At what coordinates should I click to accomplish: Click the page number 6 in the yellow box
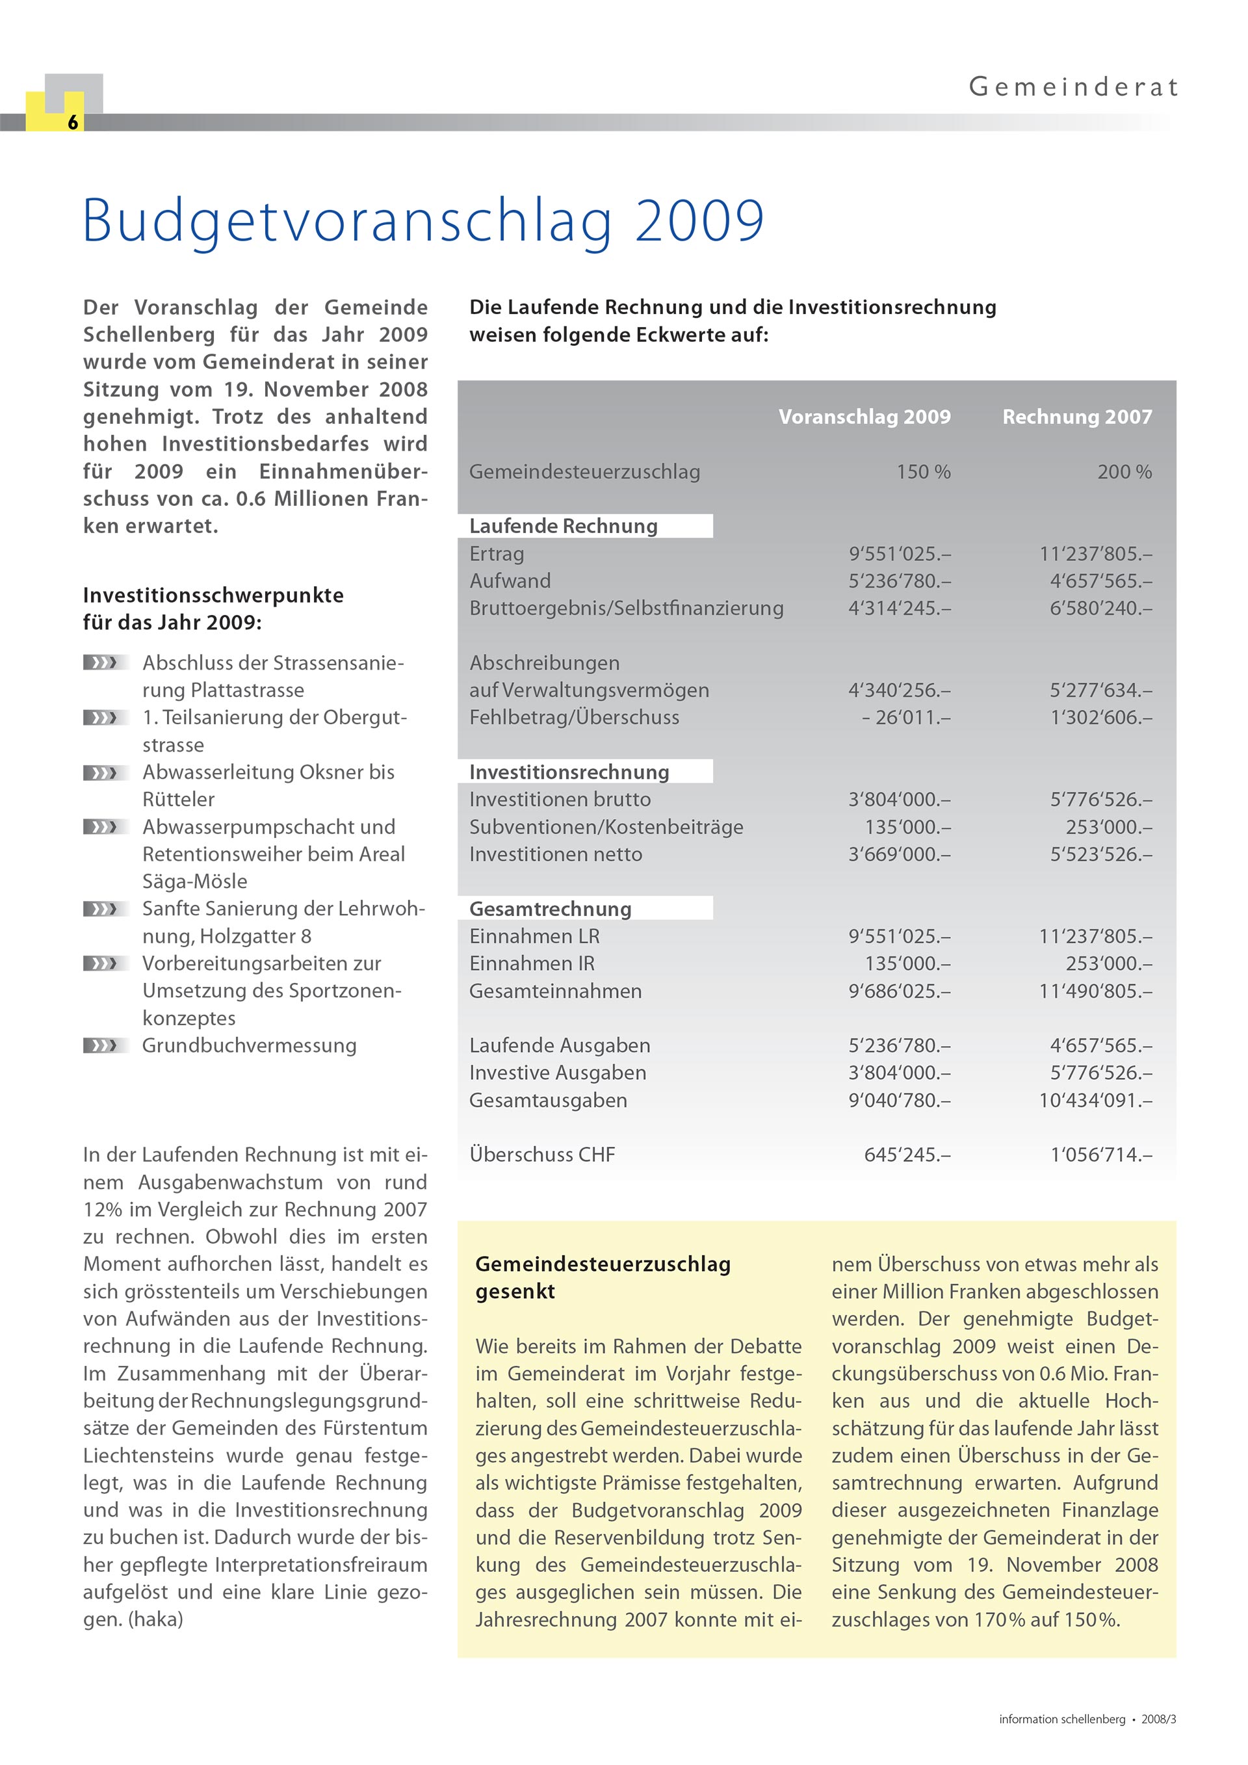(73, 122)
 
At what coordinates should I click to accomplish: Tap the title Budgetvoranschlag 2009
(422, 222)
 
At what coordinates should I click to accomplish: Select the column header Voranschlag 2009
(864, 417)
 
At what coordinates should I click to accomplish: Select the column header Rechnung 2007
(1076, 417)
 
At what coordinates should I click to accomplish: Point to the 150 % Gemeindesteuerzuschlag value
(923, 472)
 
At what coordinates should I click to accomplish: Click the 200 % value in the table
(1124, 472)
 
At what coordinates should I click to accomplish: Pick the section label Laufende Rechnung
(564, 526)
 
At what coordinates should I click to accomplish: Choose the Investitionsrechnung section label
(569, 772)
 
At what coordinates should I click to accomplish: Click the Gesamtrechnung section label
(551, 909)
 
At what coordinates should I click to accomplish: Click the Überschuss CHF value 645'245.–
(907, 1155)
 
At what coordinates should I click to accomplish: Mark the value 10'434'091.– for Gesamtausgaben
(1095, 1100)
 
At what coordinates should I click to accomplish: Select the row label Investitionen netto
(556, 854)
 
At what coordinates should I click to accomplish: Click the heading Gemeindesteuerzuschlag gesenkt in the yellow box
(603, 1277)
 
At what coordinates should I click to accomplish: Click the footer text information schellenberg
(1061, 1719)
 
